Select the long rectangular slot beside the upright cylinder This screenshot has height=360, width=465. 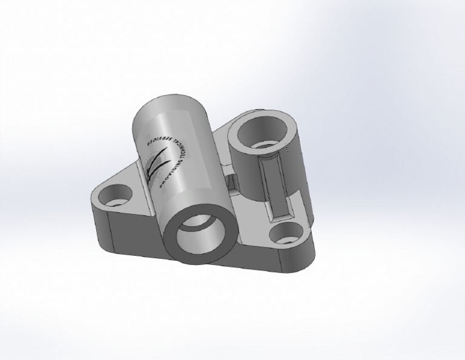[276, 188]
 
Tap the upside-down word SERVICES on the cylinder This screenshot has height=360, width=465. [156, 134]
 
